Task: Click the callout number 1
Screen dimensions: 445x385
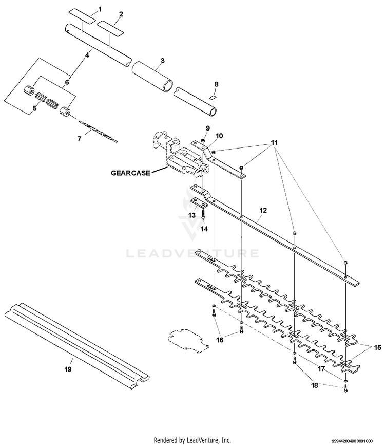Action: [100, 9]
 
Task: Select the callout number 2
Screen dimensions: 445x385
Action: [121, 14]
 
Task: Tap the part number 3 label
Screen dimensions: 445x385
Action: [162, 60]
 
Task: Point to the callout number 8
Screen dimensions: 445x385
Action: [216, 83]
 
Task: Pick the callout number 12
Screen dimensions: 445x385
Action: [263, 210]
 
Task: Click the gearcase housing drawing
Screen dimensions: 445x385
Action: [177, 154]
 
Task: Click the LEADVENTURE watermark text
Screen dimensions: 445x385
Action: [192, 253]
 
